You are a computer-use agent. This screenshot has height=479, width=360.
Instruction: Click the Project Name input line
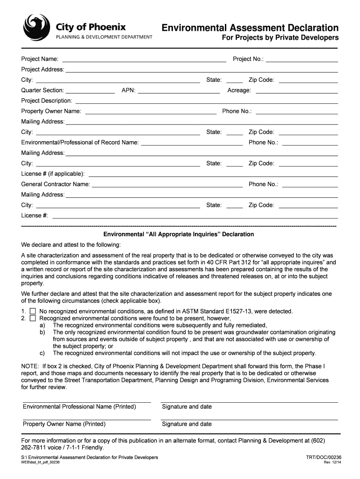[x=144, y=60]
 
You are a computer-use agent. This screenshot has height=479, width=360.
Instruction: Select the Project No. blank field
[x=302, y=60]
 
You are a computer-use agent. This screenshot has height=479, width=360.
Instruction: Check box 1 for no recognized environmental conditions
[x=33, y=312]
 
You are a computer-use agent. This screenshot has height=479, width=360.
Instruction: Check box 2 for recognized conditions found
[x=33, y=319]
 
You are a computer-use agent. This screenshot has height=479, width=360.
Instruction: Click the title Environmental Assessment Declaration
[x=250, y=28]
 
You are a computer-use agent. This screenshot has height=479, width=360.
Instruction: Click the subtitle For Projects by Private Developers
[x=280, y=38]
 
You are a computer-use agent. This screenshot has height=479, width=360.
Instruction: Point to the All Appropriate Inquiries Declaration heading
[x=179, y=234]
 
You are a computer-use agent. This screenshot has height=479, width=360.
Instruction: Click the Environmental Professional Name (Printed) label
[x=79, y=406]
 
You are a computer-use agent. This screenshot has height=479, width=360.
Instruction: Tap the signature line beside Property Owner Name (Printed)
[x=249, y=419]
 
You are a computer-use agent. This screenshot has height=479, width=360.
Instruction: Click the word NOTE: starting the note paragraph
[x=30, y=366]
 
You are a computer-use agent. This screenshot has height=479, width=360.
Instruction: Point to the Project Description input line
[x=206, y=102]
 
